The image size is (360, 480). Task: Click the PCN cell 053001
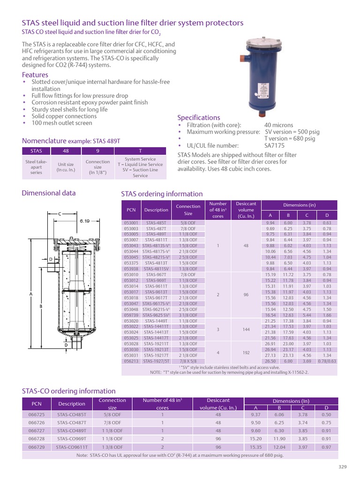(x=131, y=223)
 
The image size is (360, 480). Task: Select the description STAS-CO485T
(x=72, y=415)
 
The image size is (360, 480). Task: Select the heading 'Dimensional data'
(x=49, y=193)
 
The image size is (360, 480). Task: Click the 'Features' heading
(x=35, y=75)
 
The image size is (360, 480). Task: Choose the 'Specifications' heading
(x=198, y=117)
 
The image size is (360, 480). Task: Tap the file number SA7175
(x=275, y=146)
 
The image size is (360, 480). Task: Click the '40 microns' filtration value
(x=279, y=125)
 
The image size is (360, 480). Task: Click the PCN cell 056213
(x=131, y=361)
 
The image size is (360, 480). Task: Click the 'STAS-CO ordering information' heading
(x=68, y=391)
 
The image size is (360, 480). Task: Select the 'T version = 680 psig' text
(x=290, y=139)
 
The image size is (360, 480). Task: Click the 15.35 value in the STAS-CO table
(x=256, y=447)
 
